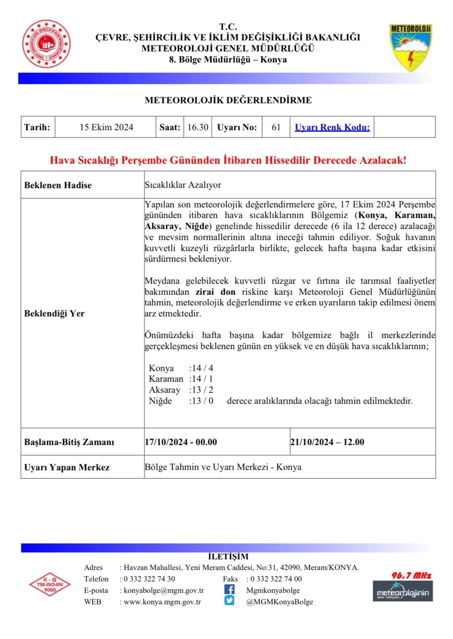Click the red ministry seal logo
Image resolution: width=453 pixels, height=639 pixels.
point(46,44)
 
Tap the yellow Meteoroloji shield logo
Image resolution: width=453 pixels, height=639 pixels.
point(411,47)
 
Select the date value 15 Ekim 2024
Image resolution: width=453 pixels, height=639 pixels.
point(106,127)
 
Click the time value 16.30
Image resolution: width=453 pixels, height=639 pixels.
point(198,127)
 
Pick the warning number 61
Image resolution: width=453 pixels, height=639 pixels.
point(276,127)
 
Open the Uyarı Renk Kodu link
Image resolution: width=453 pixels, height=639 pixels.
point(332,127)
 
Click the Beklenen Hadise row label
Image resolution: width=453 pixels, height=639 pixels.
point(58,185)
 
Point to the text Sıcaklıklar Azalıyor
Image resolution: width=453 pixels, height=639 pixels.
point(183,185)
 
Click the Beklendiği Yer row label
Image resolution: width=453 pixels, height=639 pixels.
point(54,313)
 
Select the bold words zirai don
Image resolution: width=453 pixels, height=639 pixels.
point(215,292)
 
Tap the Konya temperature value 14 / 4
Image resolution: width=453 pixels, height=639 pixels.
point(202,368)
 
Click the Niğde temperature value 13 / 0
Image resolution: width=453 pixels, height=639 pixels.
point(202,401)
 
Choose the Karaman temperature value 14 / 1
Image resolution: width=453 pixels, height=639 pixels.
point(202,379)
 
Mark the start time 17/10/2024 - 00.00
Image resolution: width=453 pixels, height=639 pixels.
point(181,442)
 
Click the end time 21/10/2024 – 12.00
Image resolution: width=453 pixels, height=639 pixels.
point(327,442)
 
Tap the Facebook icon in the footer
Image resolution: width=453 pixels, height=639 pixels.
point(229,589)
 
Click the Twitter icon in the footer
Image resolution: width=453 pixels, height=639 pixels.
point(229,601)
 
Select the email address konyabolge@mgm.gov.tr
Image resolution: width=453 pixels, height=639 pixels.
point(164,590)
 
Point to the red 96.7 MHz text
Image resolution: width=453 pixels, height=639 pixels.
point(411,575)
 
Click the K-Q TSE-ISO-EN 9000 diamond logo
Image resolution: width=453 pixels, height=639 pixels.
point(50,584)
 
